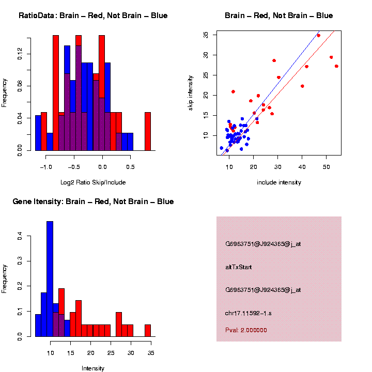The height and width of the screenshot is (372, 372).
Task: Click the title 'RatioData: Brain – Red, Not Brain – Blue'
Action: point(93,16)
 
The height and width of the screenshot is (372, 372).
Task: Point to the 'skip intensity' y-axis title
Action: point(191,93)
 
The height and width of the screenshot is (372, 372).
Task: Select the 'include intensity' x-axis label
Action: point(278,182)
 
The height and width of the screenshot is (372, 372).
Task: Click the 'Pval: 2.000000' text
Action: point(246,330)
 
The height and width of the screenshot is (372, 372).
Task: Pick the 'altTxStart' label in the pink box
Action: point(239,267)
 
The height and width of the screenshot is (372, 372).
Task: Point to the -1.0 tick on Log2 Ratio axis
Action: point(47,167)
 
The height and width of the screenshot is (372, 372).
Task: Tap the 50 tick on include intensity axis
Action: point(327,167)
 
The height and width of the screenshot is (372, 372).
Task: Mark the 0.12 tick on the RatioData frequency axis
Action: point(20,54)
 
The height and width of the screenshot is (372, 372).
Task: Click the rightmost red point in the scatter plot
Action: point(336,66)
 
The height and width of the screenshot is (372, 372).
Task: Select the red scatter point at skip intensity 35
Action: point(318,36)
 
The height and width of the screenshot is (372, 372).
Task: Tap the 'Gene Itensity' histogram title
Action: point(93,202)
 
